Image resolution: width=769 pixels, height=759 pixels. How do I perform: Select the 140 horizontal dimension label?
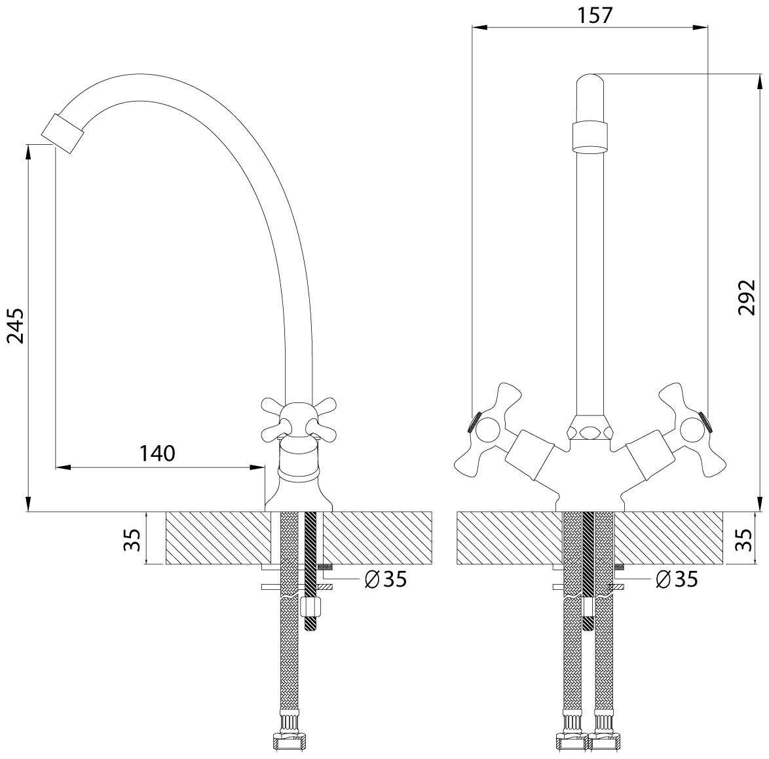coord(157,454)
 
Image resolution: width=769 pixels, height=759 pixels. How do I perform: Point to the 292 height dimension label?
coord(747,298)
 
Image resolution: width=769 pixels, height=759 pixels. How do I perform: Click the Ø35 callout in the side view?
coord(386,579)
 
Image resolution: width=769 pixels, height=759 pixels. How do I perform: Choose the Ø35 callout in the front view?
coord(677,579)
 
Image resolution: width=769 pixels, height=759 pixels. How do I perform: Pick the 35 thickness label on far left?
coord(132,539)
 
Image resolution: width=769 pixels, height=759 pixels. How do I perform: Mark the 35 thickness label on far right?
coord(745,539)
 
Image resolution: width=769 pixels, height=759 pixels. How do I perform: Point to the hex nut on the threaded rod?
coord(310,608)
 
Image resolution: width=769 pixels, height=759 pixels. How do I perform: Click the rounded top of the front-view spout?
coord(590,81)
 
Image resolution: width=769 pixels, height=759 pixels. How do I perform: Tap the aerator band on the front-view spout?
coord(590,138)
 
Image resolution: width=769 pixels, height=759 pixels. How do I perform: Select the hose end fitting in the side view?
coord(289,742)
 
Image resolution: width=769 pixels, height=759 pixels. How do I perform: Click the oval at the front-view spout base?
coord(590,432)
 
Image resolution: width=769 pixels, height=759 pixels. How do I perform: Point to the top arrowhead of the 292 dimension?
coord(759,82)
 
